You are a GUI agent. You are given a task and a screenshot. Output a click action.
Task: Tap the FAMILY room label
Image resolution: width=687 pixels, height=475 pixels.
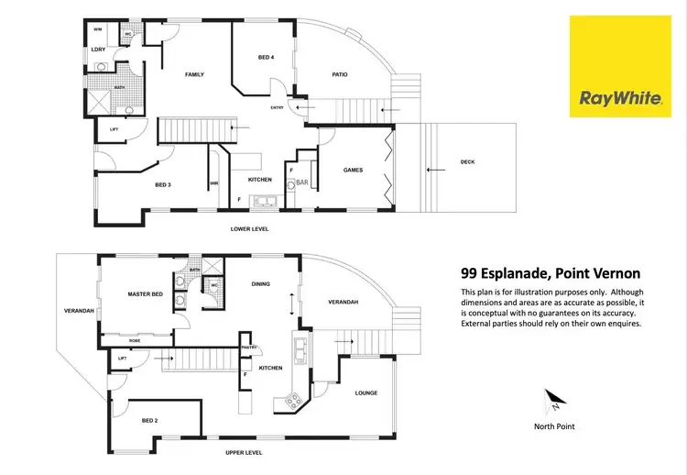[x=194, y=74]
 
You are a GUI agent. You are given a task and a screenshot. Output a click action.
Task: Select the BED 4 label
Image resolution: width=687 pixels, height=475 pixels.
[x=266, y=58]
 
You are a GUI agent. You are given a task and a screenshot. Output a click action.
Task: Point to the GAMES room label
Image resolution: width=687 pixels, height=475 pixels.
[x=353, y=170]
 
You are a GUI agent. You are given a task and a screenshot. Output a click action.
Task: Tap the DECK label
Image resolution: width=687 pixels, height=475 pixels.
[x=467, y=162]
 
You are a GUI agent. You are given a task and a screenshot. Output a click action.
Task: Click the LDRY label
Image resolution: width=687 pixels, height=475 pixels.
[x=99, y=49]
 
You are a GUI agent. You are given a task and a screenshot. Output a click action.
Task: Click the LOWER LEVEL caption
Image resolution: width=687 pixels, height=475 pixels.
[x=249, y=228]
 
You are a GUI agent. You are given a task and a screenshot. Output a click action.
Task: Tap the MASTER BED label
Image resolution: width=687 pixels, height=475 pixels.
[x=145, y=293]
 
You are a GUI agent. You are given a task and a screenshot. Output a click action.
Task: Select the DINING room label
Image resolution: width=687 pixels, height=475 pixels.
[x=261, y=284]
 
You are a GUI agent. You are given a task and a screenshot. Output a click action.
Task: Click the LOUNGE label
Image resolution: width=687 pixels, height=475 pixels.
[x=366, y=393]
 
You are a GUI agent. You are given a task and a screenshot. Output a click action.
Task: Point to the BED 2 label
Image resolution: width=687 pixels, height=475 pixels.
[x=150, y=420]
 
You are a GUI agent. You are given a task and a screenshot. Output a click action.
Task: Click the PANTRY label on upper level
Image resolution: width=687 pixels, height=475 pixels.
[x=246, y=348]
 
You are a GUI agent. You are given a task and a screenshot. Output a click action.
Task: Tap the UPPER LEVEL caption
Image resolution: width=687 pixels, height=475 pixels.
[x=244, y=453]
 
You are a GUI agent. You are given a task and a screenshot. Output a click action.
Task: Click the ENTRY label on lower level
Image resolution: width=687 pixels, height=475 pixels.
[x=278, y=108]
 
